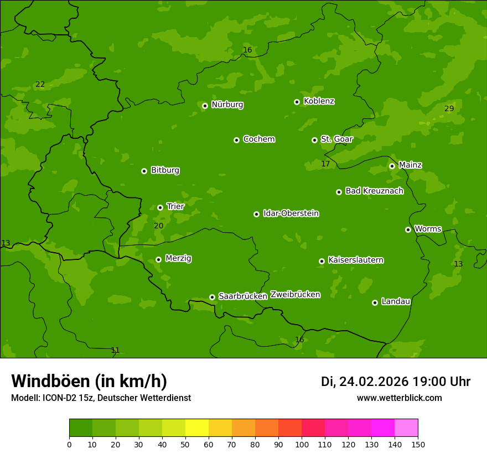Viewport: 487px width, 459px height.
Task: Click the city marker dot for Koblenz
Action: pyautogui.click(x=297, y=102)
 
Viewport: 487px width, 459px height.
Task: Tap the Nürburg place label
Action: pyautogui.click(x=227, y=105)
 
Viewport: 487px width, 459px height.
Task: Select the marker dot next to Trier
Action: pyautogui.click(x=160, y=207)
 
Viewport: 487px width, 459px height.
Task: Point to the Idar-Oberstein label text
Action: pyautogui.click(x=291, y=213)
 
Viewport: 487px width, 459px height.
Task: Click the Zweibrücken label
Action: pyautogui.click(x=295, y=295)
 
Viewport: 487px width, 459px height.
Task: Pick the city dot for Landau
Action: pyautogui.click(x=375, y=302)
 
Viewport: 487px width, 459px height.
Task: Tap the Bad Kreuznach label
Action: pyautogui.click(x=374, y=191)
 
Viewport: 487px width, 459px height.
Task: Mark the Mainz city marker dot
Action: pyautogui.click(x=392, y=166)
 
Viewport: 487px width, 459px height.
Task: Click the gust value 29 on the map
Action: pyautogui.click(x=449, y=108)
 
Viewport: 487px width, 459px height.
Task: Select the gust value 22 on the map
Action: pyautogui.click(x=40, y=85)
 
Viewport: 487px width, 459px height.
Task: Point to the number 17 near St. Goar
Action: pyautogui.click(x=325, y=164)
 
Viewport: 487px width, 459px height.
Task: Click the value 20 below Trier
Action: pyautogui.click(x=158, y=226)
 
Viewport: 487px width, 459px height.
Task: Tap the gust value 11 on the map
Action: pyautogui.click(x=115, y=350)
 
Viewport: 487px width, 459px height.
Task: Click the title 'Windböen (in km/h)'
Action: pyautogui.click(x=89, y=381)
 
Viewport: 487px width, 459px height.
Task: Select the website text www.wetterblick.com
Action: pyautogui.click(x=399, y=398)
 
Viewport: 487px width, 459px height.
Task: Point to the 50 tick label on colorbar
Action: pyautogui.click(x=185, y=444)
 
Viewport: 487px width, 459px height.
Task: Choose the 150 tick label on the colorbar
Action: pyautogui.click(x=418, y=444)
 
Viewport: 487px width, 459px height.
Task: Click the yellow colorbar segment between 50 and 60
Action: pyautogui.click(x=197, y=427)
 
